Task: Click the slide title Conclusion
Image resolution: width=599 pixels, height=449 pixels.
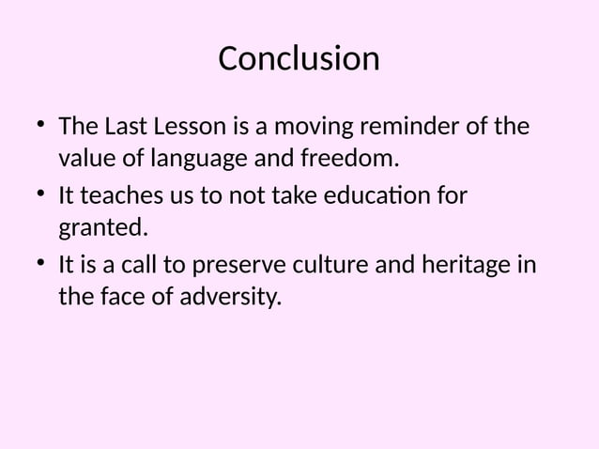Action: pos(299,59)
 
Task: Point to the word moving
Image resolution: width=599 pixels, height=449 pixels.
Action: pos(303,126)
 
